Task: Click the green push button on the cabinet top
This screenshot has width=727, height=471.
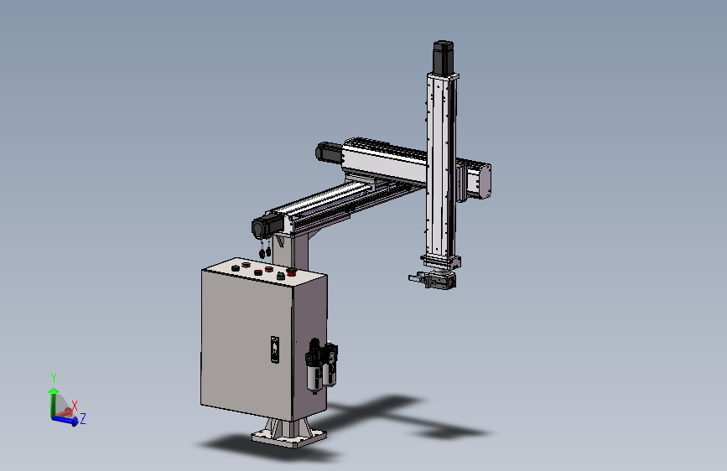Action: (236, 268)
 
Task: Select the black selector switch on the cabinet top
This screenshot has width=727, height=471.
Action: (281, 276)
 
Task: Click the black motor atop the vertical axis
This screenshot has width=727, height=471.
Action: (444, 57)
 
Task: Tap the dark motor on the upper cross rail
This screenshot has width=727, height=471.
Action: (329, 152)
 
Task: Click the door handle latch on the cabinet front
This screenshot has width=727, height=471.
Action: (275, 349)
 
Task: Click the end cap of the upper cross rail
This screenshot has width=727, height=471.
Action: (485, 182)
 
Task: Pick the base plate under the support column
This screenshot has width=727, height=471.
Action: (288, 437)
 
